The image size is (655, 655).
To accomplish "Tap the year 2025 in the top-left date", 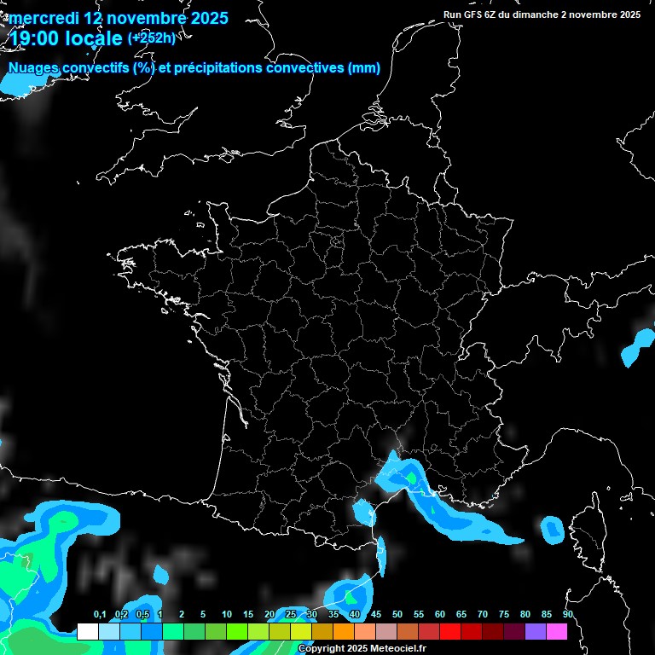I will click(x=205, y=18).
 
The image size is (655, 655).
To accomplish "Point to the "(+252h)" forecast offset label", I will click(x=151, y=38).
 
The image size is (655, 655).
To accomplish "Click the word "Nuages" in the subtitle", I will click(x=34, y=68).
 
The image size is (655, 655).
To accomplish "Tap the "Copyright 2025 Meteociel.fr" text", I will click(x=362, y=649).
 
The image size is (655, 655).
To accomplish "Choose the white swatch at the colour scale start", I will click(x=87, y=632).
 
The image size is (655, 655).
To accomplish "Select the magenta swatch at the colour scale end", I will click(x=557, y=632).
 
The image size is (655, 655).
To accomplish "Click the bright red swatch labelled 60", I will click(x=450, y=632).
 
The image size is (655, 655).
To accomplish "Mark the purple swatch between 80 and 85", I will click(x=536, y=632).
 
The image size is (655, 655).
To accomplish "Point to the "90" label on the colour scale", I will click(x=568, y=615).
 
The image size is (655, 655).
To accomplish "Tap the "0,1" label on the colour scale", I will click(x=99, y=615).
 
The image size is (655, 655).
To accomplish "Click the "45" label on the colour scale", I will click(x=376, y=615).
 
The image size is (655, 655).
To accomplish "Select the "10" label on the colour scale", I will click(x=227, y=615).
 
